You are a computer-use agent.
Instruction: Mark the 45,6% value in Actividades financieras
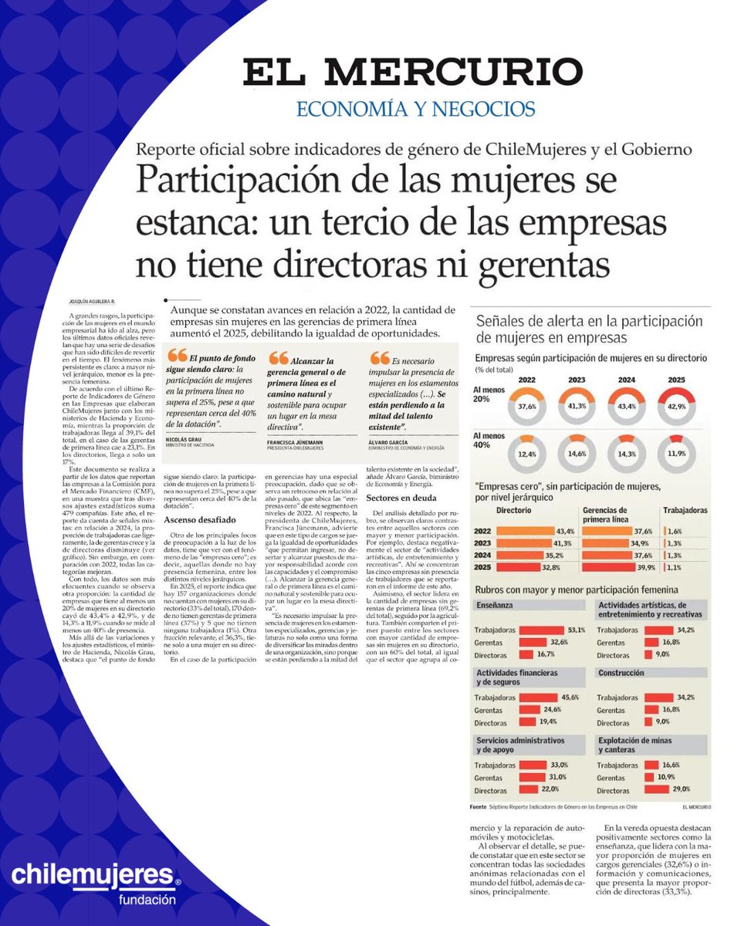coord(571,697)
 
